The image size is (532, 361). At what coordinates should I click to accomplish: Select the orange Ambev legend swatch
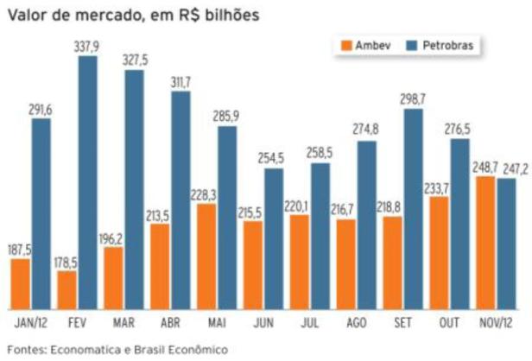point(347,45)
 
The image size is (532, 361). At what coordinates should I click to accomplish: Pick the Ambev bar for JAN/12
point(21,284)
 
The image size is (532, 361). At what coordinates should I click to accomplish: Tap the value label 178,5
point(66,263)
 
